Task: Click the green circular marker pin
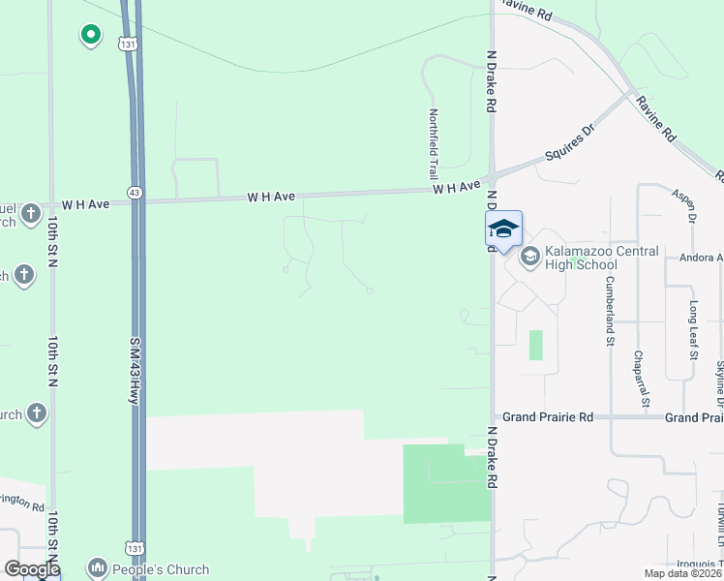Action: click(90, 36)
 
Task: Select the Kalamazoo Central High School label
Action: click(601, 258)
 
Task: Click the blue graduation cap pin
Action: click(503, 229)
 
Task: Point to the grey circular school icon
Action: click(529, 257)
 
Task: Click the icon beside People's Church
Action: click(97, 568)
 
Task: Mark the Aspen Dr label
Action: click(684, 204)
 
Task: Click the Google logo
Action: click(32, 569)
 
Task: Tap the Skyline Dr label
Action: click(719, 382)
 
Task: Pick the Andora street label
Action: click(703, 258)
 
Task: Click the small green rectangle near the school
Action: click(536, 346)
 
